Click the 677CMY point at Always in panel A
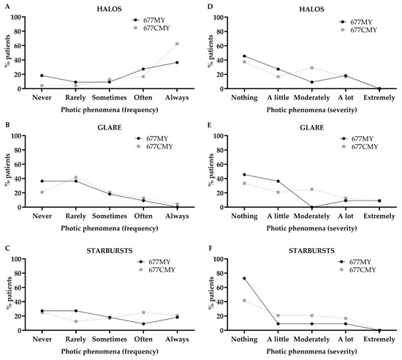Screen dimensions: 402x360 click(177, 44)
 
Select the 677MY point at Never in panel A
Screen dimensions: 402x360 click(42, 75)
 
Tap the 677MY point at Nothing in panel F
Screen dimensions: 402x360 click(244, 278)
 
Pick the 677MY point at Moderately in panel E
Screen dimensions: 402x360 click(312, 207)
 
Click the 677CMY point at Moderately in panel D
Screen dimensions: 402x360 click(312, 68)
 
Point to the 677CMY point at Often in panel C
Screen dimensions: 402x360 click(143, 312)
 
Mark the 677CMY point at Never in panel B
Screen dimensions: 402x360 click(42, 192)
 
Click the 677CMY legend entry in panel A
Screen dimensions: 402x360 click(151, 28)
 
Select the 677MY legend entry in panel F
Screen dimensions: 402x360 click(354, 262)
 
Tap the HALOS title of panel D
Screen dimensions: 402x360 click(312, 10)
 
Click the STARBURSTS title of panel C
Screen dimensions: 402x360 click(110, 251)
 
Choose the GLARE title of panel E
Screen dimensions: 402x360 click(312, 128)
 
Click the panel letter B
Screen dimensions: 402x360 click(8, 125)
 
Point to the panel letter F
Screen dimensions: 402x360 click(211, 249)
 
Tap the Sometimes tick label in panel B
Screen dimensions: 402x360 click(110, 216)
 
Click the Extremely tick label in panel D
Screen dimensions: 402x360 click(379, 98)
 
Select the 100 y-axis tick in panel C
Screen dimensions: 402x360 click(16, 258)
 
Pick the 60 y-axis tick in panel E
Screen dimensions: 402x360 click(221, 164)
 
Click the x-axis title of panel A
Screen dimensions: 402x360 click(110, 110)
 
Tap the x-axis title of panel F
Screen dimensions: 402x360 click(312, 351)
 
